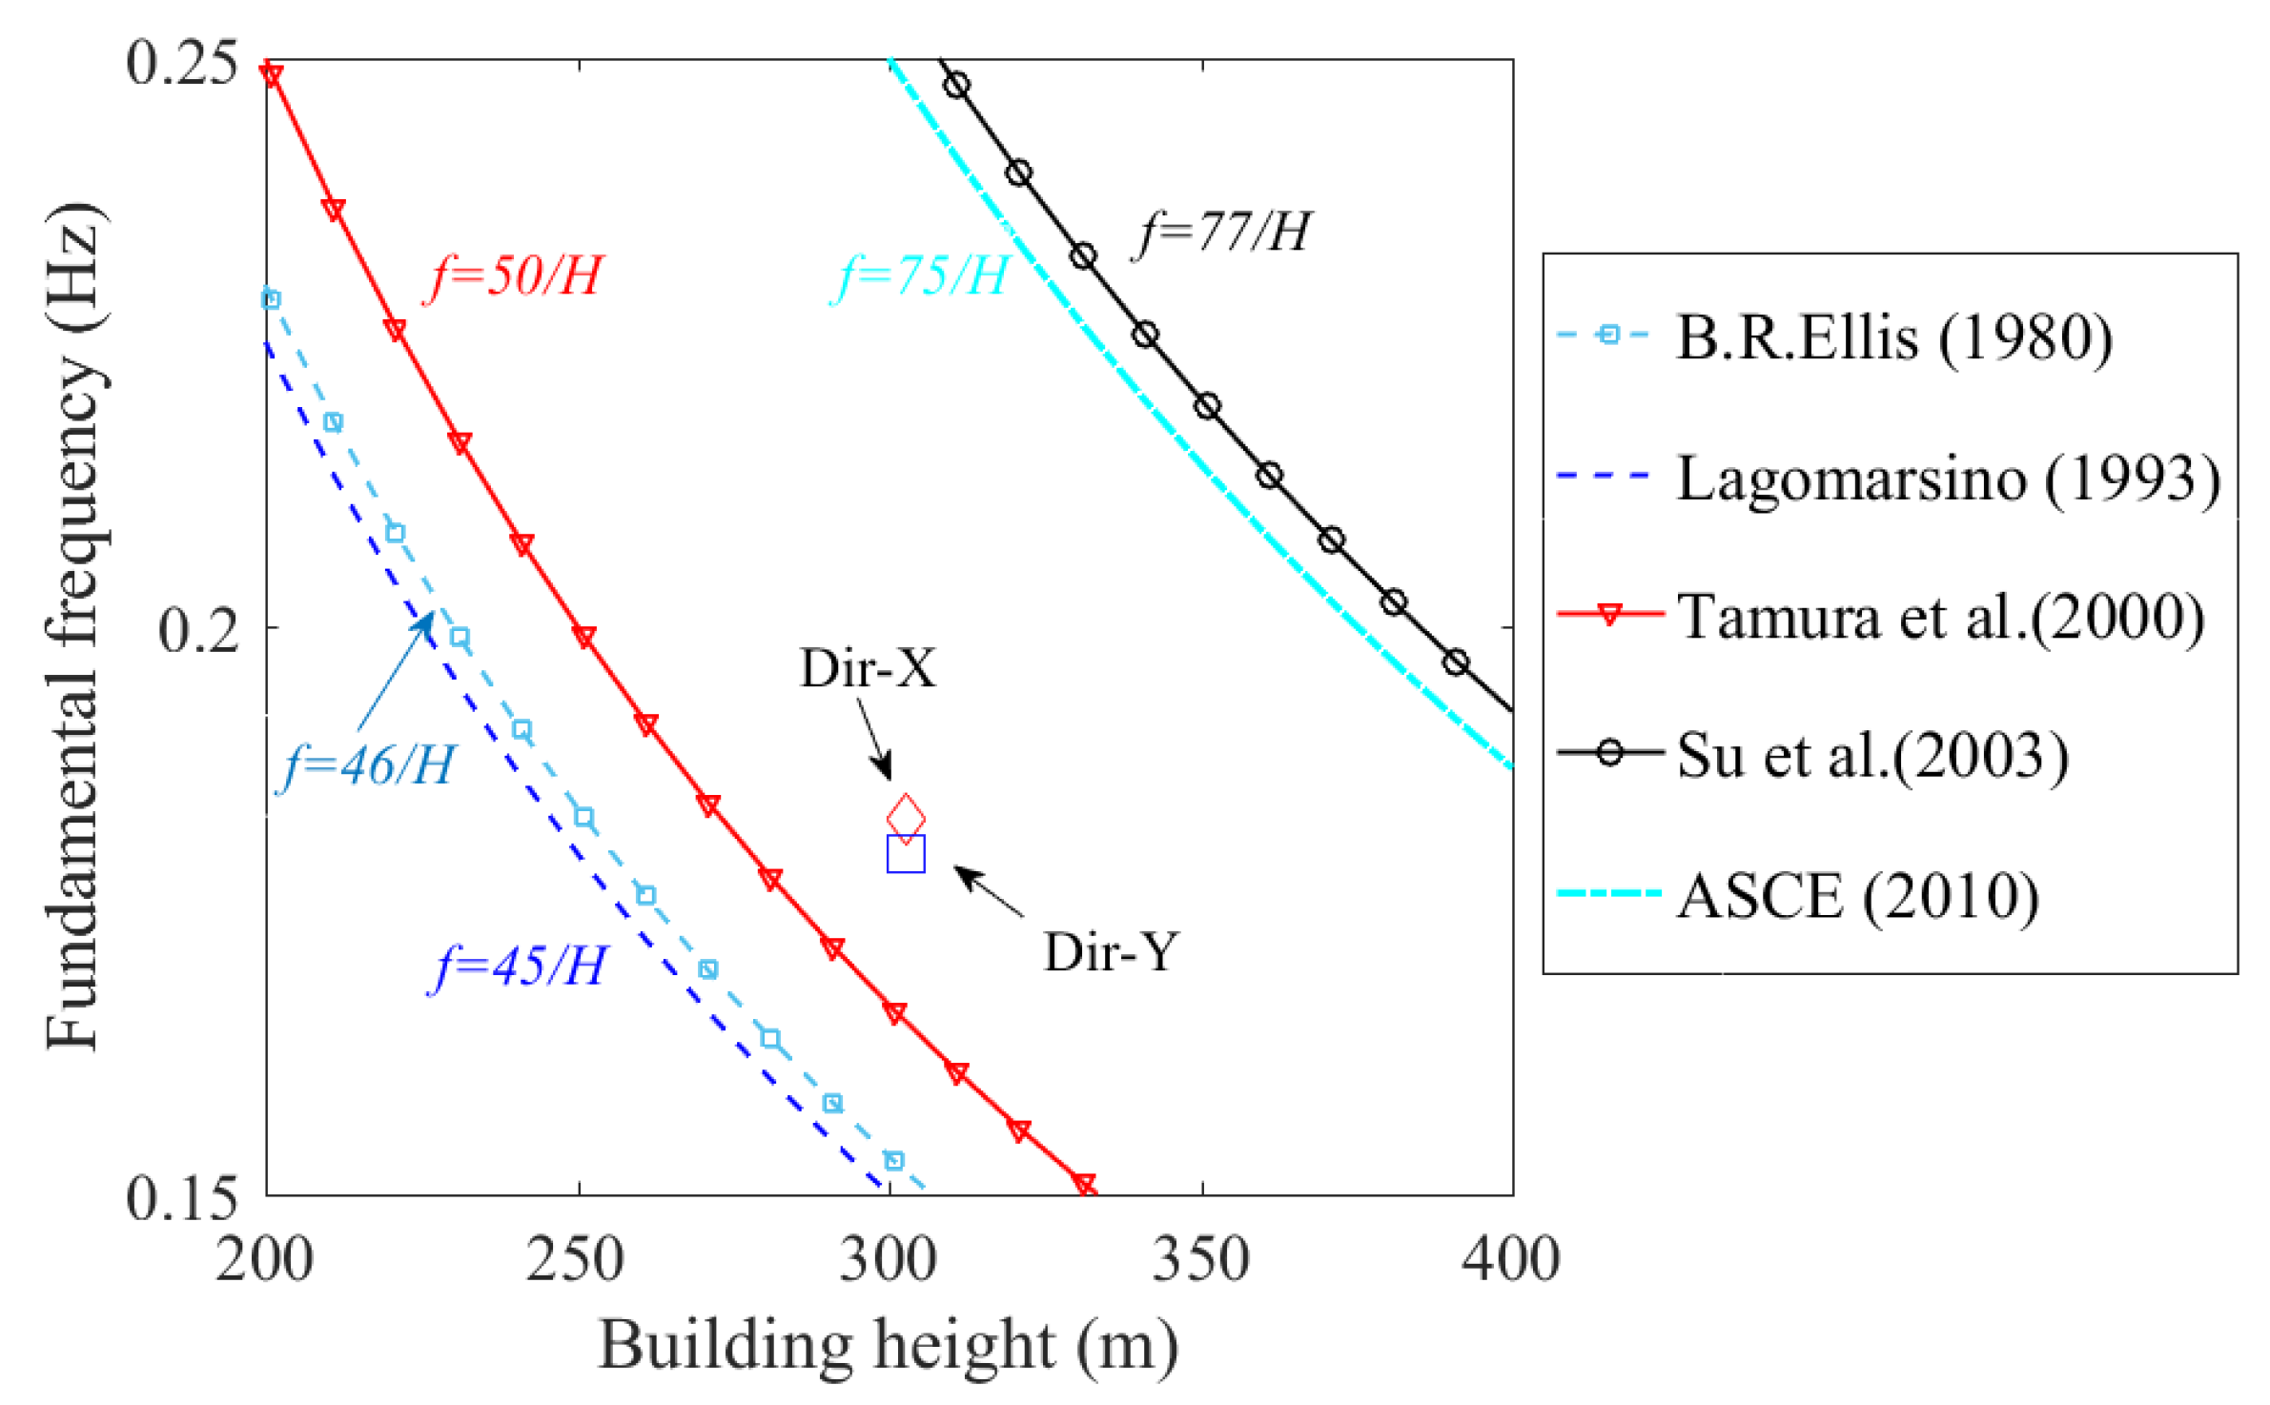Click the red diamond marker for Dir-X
pyautogui.click(x=905, y=817)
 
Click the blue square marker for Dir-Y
pyautogui.click(x=905, y=853)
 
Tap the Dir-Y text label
pyautogui.click(x=1111, y=950)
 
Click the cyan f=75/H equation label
pyautogui.click(x=921, y=277)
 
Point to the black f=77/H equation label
pyautogui.click(x=1223, y=232)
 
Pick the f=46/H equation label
pyautogui.click(x=368, y=765)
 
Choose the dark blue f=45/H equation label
pyautogui.click(x=519, y=967)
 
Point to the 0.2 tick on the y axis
pyautogui.click(x=198, y=629)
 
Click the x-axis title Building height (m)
pyautogui.click(x=888, y=1345)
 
